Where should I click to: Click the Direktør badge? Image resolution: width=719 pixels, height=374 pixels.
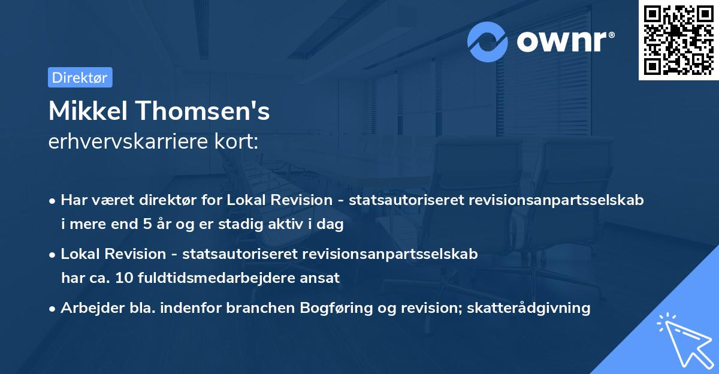80,77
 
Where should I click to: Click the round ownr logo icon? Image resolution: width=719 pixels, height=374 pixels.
488,41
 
